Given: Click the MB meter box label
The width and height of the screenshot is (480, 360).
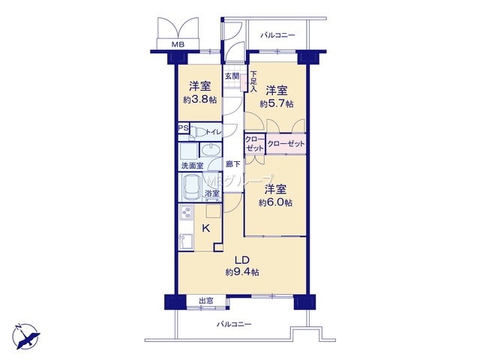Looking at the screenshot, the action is pos(178,45).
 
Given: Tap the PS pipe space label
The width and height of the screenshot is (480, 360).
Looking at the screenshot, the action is pos(184,128).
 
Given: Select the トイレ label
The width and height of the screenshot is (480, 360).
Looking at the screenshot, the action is pos(214,132).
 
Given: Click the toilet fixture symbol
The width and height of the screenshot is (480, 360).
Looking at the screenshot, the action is pos(198,133).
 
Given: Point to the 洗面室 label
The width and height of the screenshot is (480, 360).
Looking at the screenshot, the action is pos(192,166).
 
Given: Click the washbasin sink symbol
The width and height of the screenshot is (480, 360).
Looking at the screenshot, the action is pos(210,150).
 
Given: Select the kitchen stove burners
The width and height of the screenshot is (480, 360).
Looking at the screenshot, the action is pos(186,212).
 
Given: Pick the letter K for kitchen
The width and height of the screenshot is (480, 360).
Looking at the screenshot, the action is pos(206,228).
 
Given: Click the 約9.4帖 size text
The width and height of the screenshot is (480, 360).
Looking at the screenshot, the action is pos(242,271).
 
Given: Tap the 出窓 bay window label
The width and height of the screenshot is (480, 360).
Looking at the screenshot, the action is pos(206,301).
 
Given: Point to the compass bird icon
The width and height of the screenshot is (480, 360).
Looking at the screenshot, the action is pos(26,337).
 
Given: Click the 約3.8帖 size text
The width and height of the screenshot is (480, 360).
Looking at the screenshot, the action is pos(200,100).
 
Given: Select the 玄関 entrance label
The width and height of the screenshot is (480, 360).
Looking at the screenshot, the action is pos(232,76).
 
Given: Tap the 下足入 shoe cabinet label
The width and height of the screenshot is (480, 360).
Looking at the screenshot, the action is pos(253,82).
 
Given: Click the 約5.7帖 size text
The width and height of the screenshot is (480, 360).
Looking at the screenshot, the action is pos(277,104).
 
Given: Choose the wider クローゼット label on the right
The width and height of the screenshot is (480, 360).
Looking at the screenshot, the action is pos(286,144).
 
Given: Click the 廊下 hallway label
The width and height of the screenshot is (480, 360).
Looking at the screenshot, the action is pos(233,164).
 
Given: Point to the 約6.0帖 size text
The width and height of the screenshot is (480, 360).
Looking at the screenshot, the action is pos(275,202).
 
